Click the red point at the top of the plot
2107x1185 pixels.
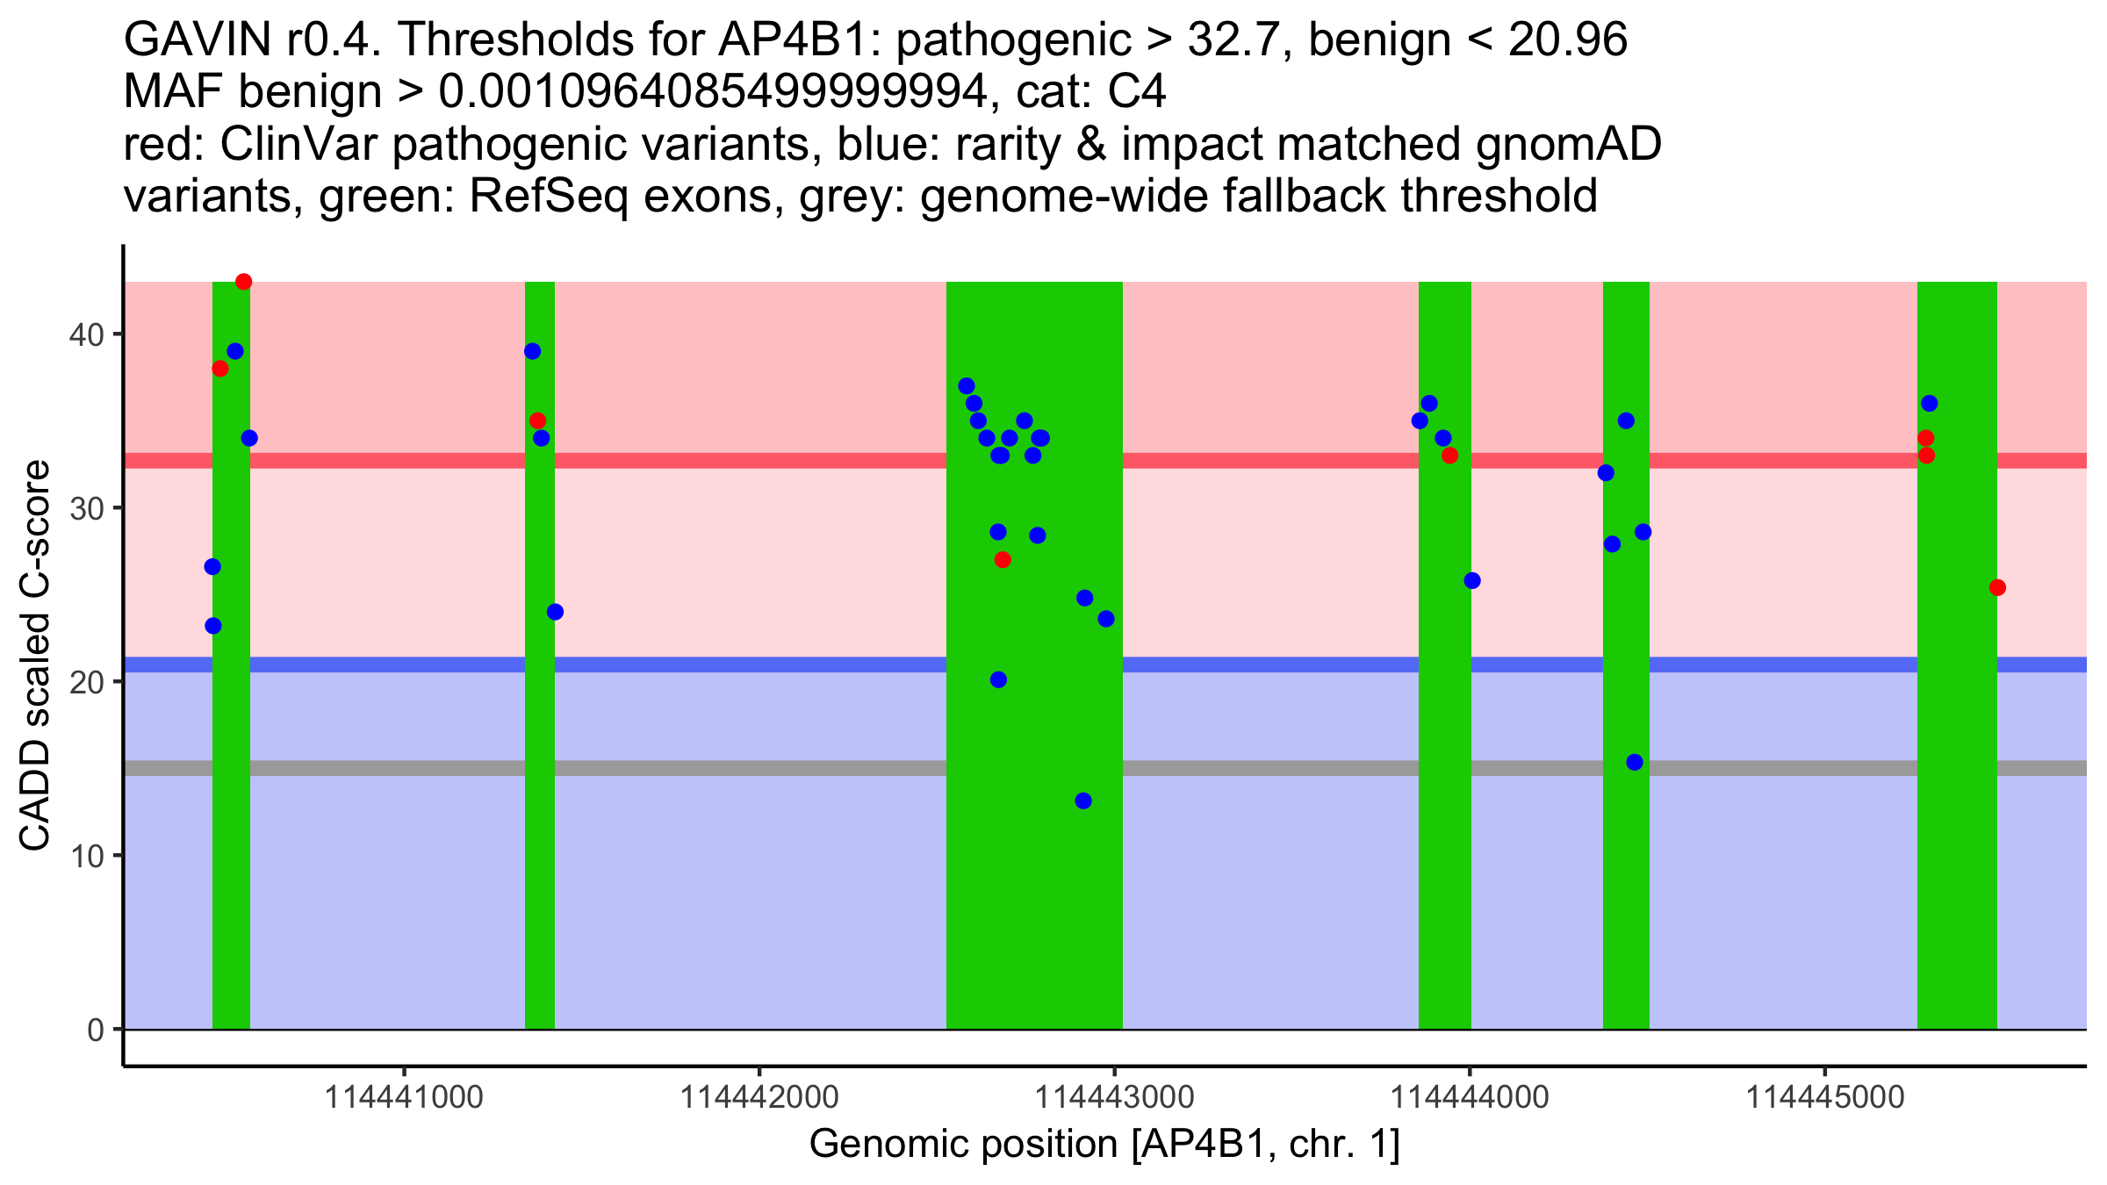tap(244, 282)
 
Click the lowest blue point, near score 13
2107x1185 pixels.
tap(1083, 801)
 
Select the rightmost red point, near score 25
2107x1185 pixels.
tap(1997, 587)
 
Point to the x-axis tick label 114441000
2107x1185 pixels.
tap(404, 1097)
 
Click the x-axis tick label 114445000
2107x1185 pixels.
tap(1825, 1097)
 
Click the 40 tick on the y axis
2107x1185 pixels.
tap(86, 334)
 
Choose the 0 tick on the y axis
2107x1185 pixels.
tap(95, 1030)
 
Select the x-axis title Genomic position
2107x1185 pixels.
tap(1104, 1145)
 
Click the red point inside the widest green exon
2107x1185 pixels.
tap(1003, 560)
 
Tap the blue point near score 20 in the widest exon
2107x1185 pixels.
tap(998, 679)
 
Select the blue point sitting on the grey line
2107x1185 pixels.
tap(1635, 762)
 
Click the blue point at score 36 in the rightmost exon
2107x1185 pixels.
tap(1929, 404)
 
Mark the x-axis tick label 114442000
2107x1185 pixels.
tap(759, 1097)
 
